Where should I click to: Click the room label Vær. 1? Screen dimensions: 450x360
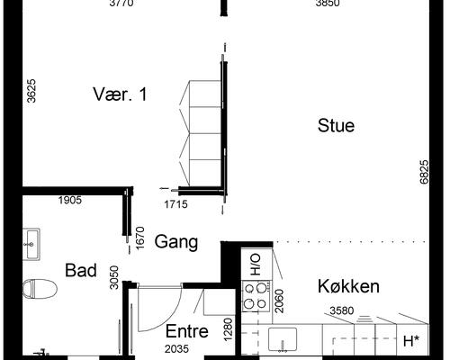pyautogui.click(x=120, y=94)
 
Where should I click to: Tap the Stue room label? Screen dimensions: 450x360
pyautogui.click(x=336, y=125)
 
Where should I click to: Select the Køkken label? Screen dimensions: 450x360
pyautogui.click(x=348, y=286)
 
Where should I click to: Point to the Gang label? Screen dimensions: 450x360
pyautogui.click(x=176, y=242)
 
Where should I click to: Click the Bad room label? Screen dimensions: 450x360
pyautogui.click(x=81, y=270)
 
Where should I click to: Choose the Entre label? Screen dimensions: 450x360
pyautogui.click(x=187, y=331)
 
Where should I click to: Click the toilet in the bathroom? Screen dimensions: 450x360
pyautogui.click(x=40, y=289)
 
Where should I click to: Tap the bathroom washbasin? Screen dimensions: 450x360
pyautogui.click(x=31, y=244)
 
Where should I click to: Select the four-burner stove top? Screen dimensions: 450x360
pyautogui.click(x=256, y=296)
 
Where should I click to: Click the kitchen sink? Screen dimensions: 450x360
pyautogui.click(x=283, y=339)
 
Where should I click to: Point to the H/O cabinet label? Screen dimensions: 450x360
pyautogui.click(x=256, y=265)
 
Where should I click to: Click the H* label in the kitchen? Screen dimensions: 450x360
pyautogui.click(x=411, y=341)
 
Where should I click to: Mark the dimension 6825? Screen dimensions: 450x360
pyautogui.click(x=424, y=172)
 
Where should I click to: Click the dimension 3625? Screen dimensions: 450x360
pyautogui.click(x=31, y=91)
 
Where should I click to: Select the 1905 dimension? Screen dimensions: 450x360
pyautogui.click(x=70, y=200)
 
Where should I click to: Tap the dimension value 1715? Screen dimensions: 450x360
pyautogui.click(x=175, y=204)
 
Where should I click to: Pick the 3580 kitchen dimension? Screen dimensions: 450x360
pyautogui.click(x=342, y=310)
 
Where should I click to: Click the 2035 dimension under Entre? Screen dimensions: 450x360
pyautogui.click(x=176, y=349)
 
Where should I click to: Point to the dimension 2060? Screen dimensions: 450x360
pyautogui.click(x=279, y=301)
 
